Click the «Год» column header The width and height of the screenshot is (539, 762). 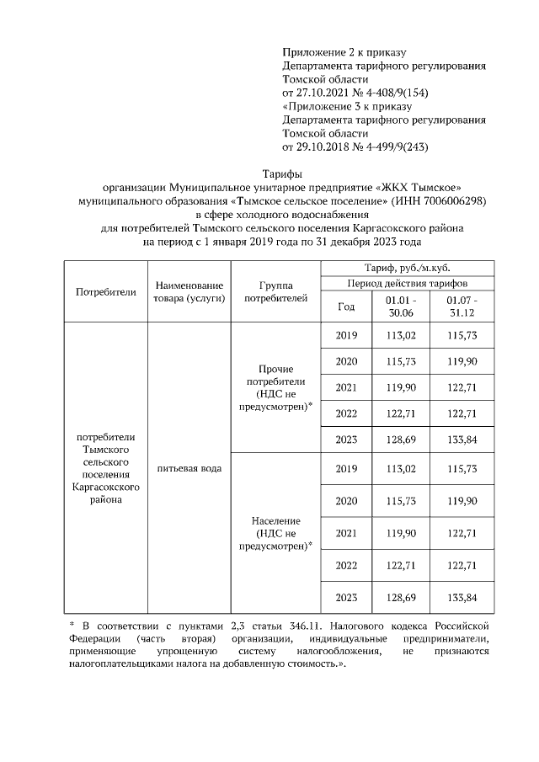[x=346, y=306]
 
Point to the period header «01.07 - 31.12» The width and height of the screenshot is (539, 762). [x=462, y=306]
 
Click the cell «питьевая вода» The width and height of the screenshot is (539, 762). [x=188, y=467]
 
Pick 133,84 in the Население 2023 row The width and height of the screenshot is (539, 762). [x=462, y=597]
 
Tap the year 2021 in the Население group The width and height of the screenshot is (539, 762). [x=346, y=533]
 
